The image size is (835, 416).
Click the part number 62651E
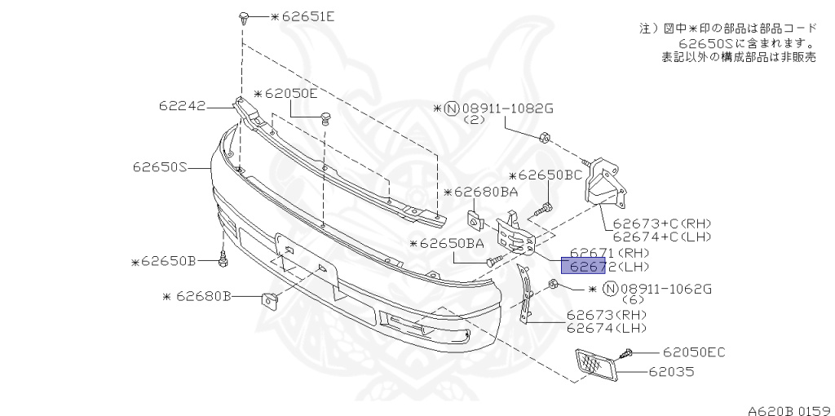(x=303, y=15)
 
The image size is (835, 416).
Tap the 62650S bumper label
(x=160, y=167)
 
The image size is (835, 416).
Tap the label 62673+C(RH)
(x=662, y=222)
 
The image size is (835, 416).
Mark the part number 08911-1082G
(x=500, y=107)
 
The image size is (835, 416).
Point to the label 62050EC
(x=693, y=352)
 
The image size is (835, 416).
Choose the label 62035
(x=671, y=374)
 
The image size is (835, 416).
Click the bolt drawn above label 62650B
(x=223, y=259)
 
